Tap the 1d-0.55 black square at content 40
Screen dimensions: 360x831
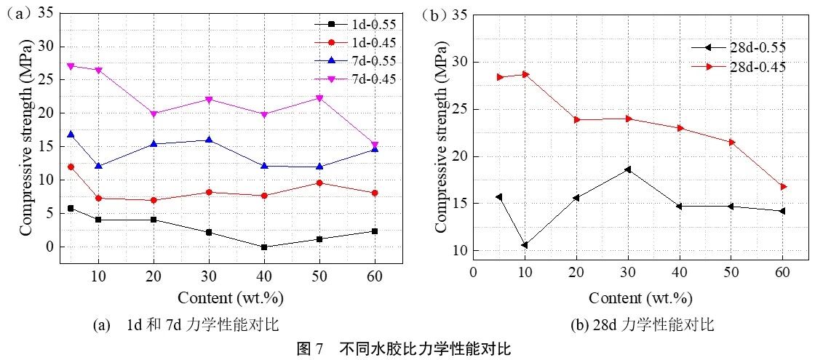pos(263,247)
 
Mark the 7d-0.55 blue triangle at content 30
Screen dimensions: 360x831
pos(209,140)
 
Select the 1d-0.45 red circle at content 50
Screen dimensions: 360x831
pos(319,183)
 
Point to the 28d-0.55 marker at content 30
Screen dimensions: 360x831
pos(628,169)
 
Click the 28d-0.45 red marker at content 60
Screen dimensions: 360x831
pos(784,187)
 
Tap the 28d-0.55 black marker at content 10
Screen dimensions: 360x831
pos(524,245)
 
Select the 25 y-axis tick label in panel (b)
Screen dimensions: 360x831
pos(459,109)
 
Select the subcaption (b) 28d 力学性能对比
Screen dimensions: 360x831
pos(644,325)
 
